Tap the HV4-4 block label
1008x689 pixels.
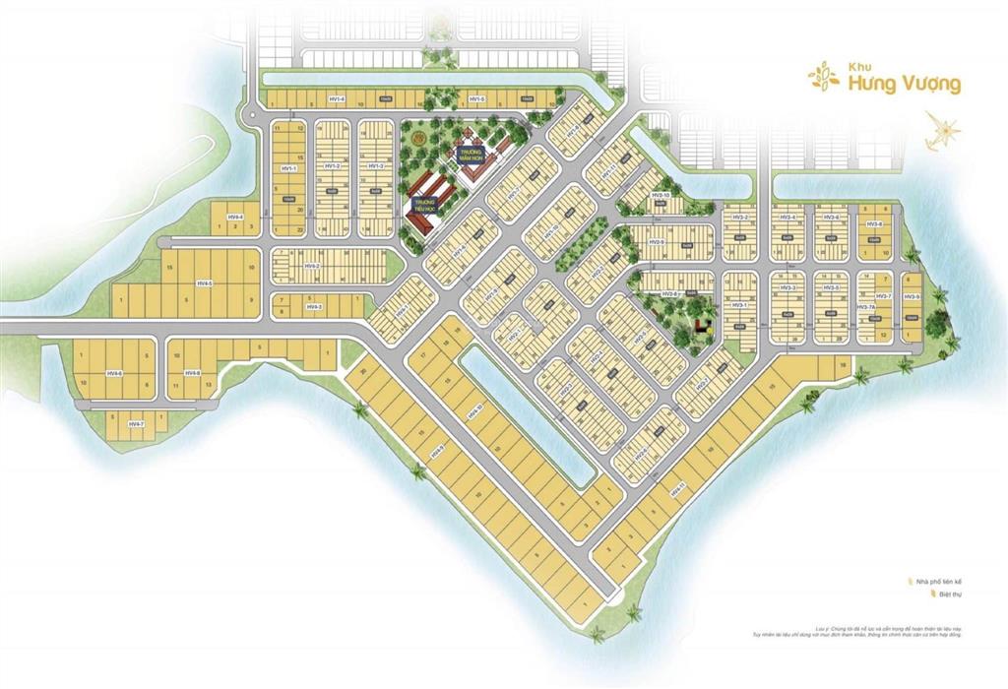(234, 217)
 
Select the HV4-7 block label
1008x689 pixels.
(136, 424)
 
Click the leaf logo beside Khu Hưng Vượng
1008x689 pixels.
(823, 76)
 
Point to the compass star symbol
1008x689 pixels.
(943, 131)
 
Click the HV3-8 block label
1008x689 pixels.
(873, 224)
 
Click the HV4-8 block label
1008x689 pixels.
(192, 373)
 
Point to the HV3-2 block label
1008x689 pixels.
(740, 217)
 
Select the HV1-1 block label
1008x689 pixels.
(287, 168)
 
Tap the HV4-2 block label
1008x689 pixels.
(312, 266)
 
